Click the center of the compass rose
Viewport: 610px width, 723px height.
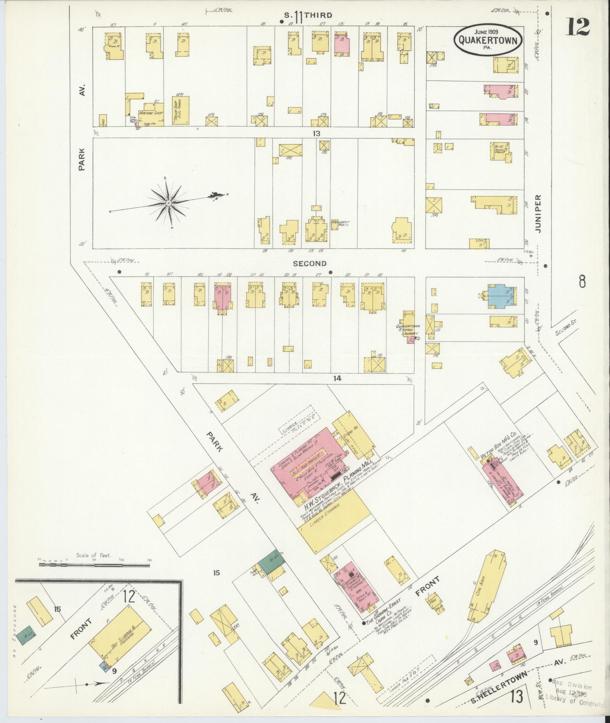(x=168, y=203)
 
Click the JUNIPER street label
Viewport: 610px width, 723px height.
(x=539, y=214)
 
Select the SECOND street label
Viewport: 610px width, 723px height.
(x=309, y=264)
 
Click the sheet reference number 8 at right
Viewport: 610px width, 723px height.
(x=582, y=282)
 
